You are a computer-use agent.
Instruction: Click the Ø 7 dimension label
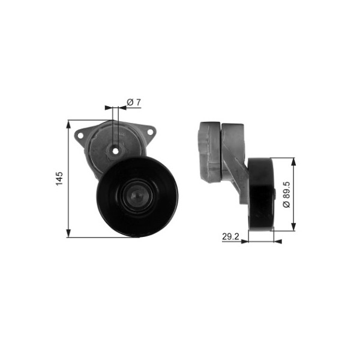point(134,102)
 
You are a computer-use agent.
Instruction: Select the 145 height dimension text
point(59,178)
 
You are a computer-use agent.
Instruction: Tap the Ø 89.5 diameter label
point(287,194)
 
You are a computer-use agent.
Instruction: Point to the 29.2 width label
point(230,236)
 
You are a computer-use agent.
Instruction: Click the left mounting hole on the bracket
point(80,136)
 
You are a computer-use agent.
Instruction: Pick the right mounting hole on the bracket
point(150,132)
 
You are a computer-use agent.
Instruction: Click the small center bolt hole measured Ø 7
point(116,151)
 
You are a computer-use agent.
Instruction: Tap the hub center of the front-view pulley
point(137,196)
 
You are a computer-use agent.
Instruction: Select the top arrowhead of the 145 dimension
point(68,124)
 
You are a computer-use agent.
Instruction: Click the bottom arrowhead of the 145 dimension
point(68,233)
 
